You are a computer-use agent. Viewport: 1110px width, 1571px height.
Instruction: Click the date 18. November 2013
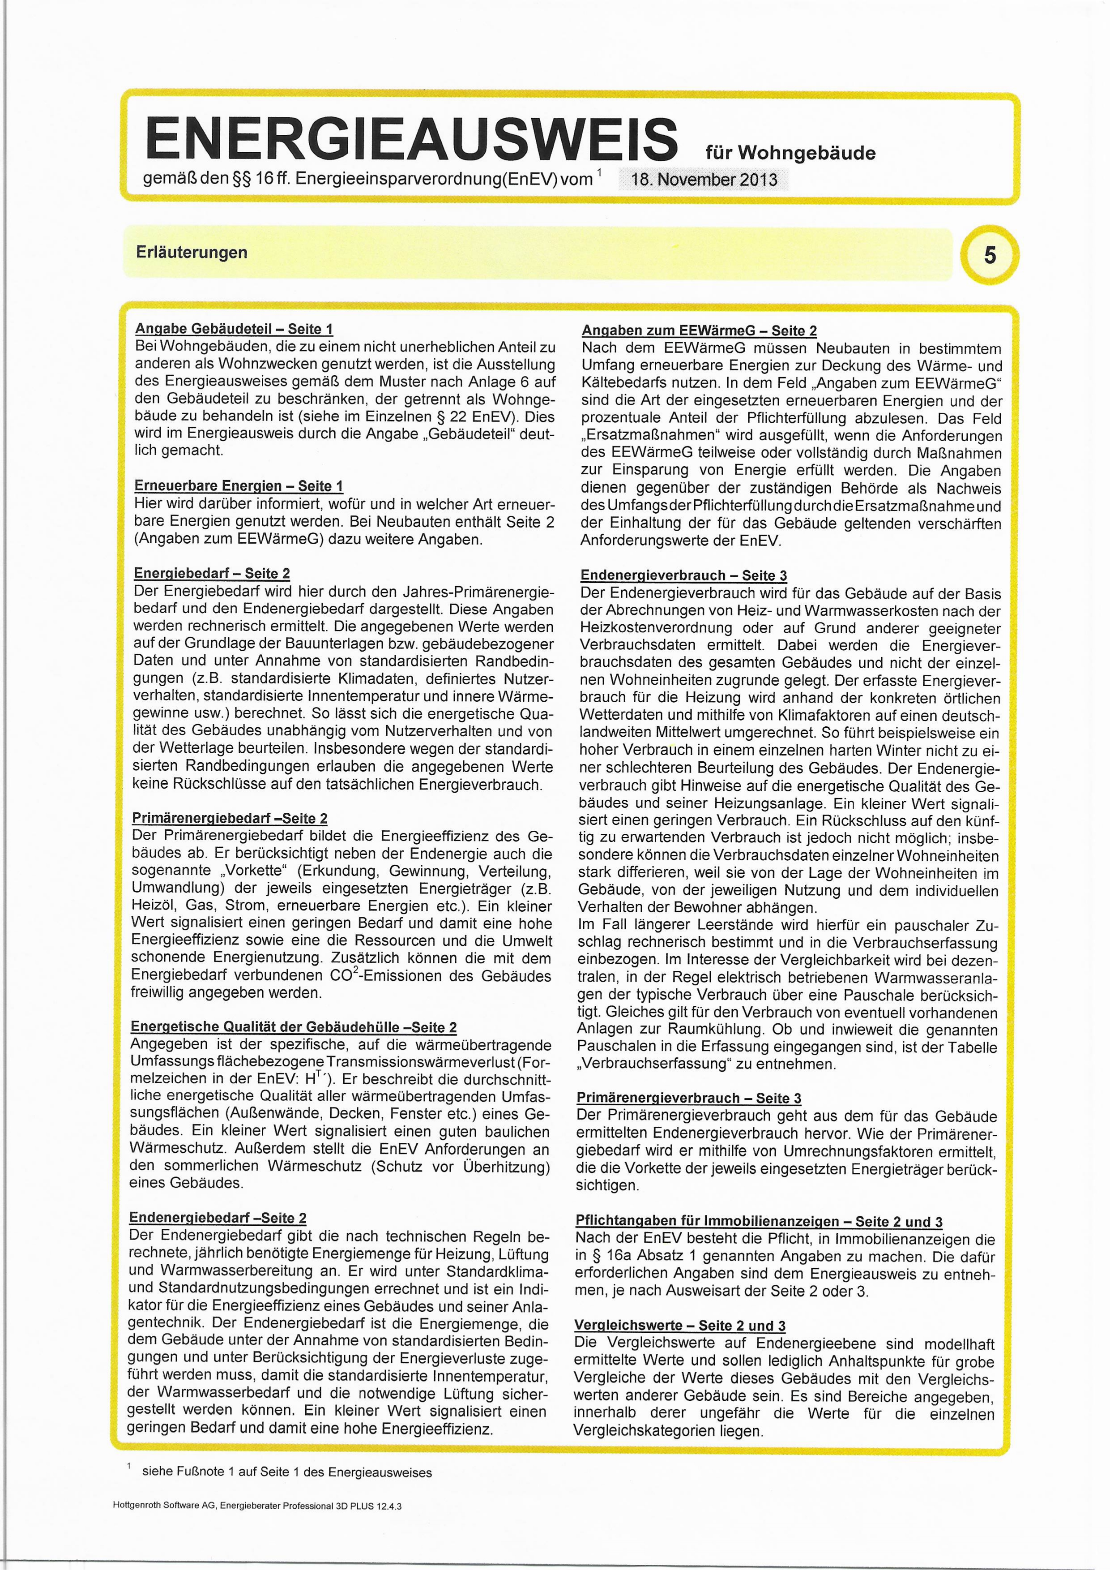click(x=704, y=180)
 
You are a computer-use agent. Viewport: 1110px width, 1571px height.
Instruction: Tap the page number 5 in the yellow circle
click(x=989, y=255)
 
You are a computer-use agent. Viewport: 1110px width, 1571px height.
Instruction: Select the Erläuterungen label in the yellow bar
click(x=192, y=253)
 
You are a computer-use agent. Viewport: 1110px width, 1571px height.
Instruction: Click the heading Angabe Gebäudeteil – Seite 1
click(x=234, y=329)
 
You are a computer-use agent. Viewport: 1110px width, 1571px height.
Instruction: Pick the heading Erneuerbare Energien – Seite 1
click(x=239, y=486)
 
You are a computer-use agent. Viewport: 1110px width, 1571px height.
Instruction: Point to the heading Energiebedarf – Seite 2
click(x=212, y=573)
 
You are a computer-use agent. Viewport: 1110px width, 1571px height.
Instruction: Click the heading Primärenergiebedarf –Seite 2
click(x=230, y=818)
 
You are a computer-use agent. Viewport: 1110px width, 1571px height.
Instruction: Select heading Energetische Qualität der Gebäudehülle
click(x=294, y=1027)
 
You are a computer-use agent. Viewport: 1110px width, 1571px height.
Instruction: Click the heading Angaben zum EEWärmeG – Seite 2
click(x=699, y=331)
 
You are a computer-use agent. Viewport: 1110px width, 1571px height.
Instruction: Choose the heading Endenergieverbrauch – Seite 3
click(x=684, y=575)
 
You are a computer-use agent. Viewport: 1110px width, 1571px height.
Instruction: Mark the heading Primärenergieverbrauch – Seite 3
click(x=689, y=1098)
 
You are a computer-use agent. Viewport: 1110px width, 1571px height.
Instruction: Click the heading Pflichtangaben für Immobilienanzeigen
click(x=759, y=1221)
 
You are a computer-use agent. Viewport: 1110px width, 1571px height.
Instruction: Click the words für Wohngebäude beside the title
click(x=790, y=153)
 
